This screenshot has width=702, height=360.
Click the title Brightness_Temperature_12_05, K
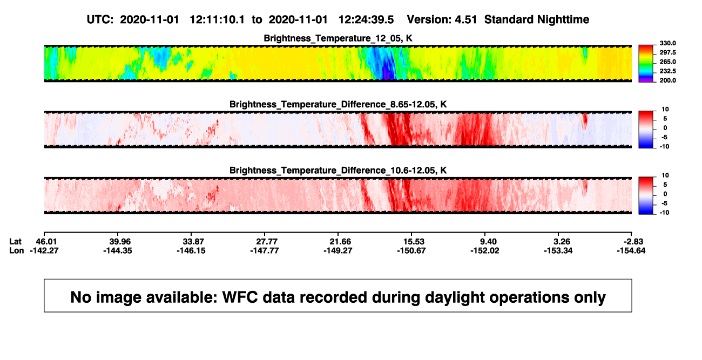click(x=338, y=38)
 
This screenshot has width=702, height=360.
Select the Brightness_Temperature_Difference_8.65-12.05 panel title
click(x=338, y=104)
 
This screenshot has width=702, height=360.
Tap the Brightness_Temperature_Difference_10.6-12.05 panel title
click(x=338, y=171)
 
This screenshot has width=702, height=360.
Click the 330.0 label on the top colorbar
click(x=667, y=43)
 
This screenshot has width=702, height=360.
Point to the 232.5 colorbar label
click(x=667, y=71)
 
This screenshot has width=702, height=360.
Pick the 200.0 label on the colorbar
click(x=667, y=80)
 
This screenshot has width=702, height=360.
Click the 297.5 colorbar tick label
click(x=667, y=53)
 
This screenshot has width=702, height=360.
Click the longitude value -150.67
click(x=411, y=251)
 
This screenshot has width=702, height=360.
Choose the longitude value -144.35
click(x=118, y=251)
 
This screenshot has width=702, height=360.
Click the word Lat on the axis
click(x=15, y=242)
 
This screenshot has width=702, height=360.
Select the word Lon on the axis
click(x=17, y=251)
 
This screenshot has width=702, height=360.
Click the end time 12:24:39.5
click(x=366, y=20)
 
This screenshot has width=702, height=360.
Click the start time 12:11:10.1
click(x=217, y=20)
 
